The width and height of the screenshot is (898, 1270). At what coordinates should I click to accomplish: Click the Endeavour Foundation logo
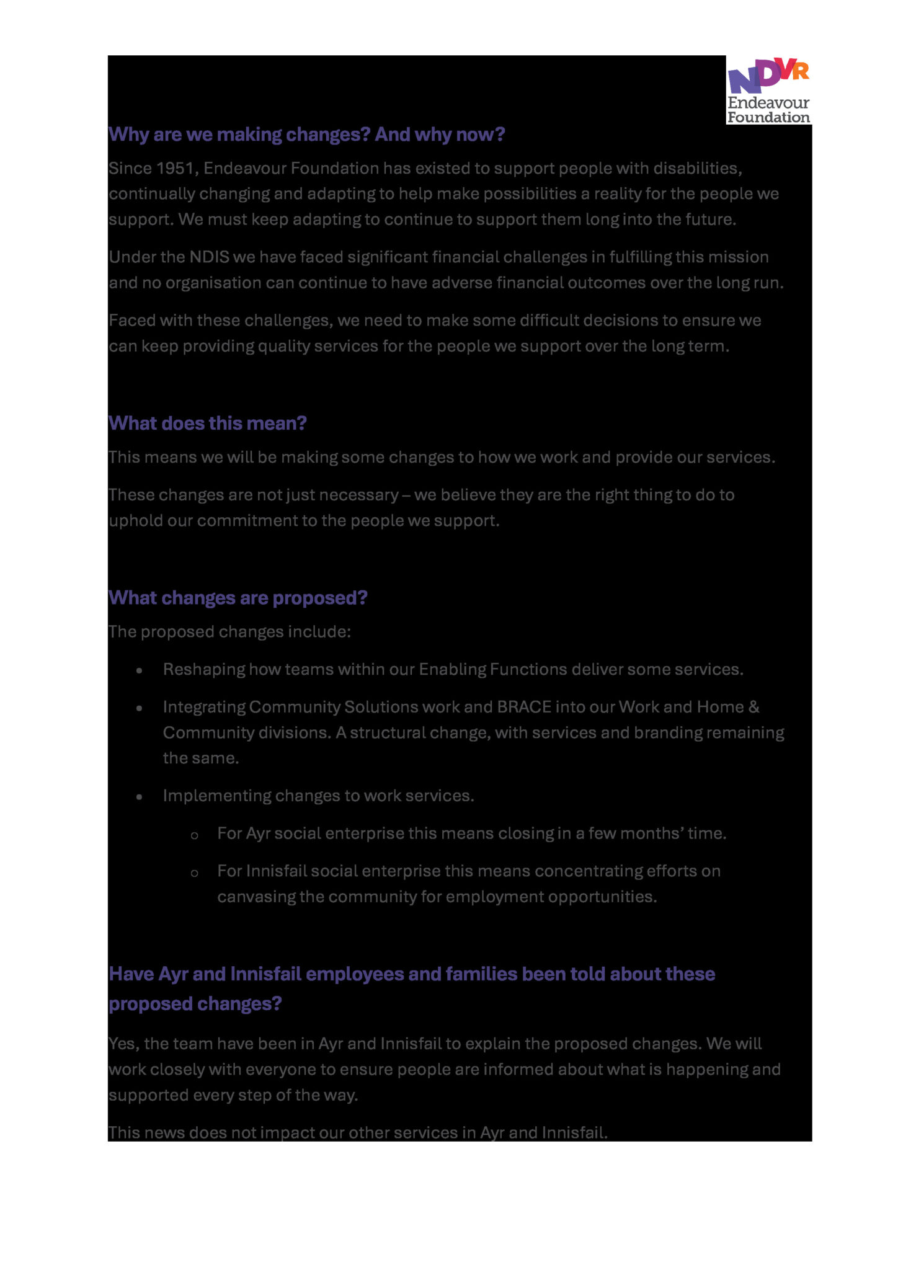coord(768,90)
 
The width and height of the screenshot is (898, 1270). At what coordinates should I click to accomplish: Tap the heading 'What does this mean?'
coord(208,424)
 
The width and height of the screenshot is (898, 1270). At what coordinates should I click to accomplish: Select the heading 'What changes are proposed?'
coord(238,598)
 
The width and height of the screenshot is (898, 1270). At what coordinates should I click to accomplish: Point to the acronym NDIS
coord(210,257)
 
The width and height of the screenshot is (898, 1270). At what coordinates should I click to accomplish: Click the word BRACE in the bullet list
coord(524,708)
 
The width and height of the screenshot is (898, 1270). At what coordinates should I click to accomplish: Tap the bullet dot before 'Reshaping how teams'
coord(140,671)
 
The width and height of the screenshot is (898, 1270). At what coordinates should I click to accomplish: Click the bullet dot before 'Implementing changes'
coord(140,797)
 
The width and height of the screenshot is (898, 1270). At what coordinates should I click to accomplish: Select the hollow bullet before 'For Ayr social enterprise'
coord(194,836)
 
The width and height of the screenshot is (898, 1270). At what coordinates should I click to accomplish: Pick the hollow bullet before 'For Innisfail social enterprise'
coord(194,874)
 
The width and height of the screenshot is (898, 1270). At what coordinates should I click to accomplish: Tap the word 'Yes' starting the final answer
coord(123,1044)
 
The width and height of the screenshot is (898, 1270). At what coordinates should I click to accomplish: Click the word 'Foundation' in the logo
coord(768,117)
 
